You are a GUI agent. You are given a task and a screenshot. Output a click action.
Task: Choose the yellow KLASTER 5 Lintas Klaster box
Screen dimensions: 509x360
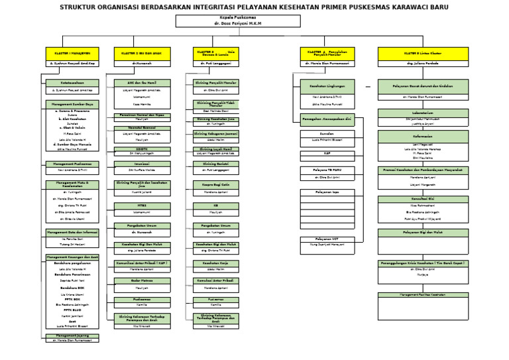423,52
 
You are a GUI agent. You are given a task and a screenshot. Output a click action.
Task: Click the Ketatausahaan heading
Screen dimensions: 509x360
72,82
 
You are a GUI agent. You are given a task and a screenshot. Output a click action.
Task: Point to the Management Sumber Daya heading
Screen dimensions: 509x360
72,104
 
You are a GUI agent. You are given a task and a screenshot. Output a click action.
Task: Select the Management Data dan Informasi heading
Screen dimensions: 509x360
72,232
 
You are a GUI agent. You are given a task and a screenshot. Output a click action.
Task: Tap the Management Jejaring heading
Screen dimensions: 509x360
72,335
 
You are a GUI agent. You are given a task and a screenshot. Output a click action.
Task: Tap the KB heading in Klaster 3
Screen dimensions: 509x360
215,206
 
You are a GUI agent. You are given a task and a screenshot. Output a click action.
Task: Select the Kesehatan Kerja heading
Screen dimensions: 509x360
215,263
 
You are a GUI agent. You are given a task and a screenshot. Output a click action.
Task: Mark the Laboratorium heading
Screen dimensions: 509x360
423,113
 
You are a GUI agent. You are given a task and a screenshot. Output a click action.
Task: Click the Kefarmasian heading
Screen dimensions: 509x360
423,135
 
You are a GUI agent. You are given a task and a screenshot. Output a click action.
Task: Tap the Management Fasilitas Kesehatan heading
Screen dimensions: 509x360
423,294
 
